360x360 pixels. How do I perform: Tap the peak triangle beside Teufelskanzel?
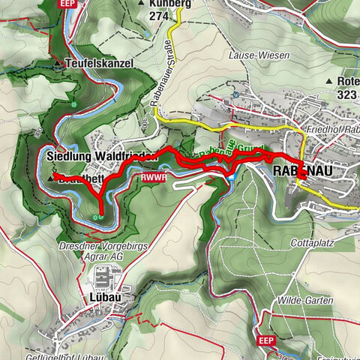tap(58, 64)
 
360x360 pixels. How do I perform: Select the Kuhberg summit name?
tap(169, 3)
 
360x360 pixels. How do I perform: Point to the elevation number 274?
tap(158, 15)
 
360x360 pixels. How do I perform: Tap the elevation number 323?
tap(348, 95)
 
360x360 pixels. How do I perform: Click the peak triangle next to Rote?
tap(328, 81)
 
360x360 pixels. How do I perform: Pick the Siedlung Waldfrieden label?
tap(100, 156)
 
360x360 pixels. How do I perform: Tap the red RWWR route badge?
tap(149, 178)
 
